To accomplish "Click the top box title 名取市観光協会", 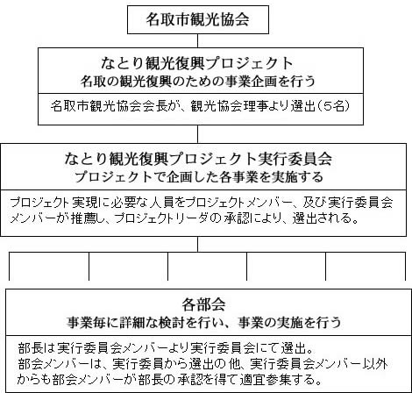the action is [197, 19].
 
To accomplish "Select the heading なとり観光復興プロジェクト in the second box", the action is [197, 63].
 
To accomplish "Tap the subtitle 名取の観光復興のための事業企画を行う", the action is [198, 82].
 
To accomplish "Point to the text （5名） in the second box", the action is [333, 106].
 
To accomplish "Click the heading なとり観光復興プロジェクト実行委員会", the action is [198, 159].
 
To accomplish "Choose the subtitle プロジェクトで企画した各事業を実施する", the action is [199, 177].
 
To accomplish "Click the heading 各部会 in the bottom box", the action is [203, 304].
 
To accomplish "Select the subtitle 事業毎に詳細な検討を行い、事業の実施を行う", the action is [203, 322].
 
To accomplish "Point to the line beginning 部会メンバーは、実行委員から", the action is [202, 364].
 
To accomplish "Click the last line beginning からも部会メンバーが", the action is [169, 380].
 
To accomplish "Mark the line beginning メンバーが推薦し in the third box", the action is [184, 218].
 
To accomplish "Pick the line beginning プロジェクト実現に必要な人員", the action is [202, 203].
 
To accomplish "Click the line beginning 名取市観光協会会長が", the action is [200, 106].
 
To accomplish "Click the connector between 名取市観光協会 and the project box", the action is [198, 40].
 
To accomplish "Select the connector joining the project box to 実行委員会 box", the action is [198, 134].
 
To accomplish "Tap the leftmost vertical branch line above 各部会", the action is [10, 266].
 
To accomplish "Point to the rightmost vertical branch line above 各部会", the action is [405, 266].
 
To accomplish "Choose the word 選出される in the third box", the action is [326, 218].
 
